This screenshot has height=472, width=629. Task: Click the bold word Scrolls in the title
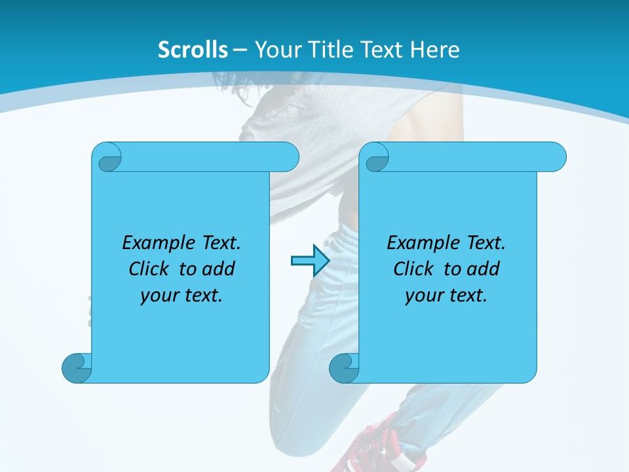coord(193,50)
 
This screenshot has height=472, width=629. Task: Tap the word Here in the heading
coord(434,50)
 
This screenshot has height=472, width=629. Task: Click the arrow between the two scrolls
coord(309,261)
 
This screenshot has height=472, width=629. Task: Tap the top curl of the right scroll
coord(377,157)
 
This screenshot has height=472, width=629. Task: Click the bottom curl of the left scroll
coord(77,368)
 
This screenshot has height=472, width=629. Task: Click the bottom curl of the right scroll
coord(344,368)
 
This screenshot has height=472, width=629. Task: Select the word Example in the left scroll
coord(155,243)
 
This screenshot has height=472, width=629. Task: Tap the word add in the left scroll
coord(219,269)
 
